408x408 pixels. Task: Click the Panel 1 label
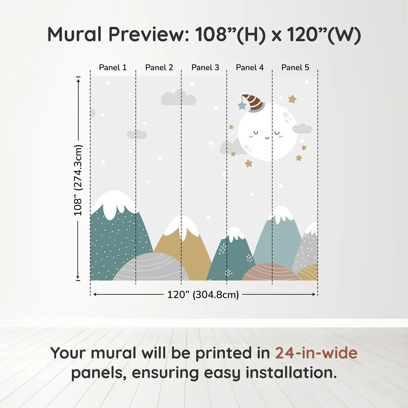point(113,68)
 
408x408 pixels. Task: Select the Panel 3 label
point(205,68)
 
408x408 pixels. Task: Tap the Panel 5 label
point(295,68)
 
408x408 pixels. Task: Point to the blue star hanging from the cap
point(242,105)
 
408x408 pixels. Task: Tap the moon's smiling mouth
point(267,138)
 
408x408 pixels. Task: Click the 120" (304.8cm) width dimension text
point(203,295)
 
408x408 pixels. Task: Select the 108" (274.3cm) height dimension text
point(78,180)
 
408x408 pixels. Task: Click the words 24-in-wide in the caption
point(316,353)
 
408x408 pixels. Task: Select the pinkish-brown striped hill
point(270,272)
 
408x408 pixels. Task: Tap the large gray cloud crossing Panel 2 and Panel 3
point(178,99)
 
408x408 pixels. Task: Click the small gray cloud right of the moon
point(302,129)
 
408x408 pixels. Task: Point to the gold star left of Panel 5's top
point(292,99)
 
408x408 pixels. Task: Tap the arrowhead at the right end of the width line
point(314,294)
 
